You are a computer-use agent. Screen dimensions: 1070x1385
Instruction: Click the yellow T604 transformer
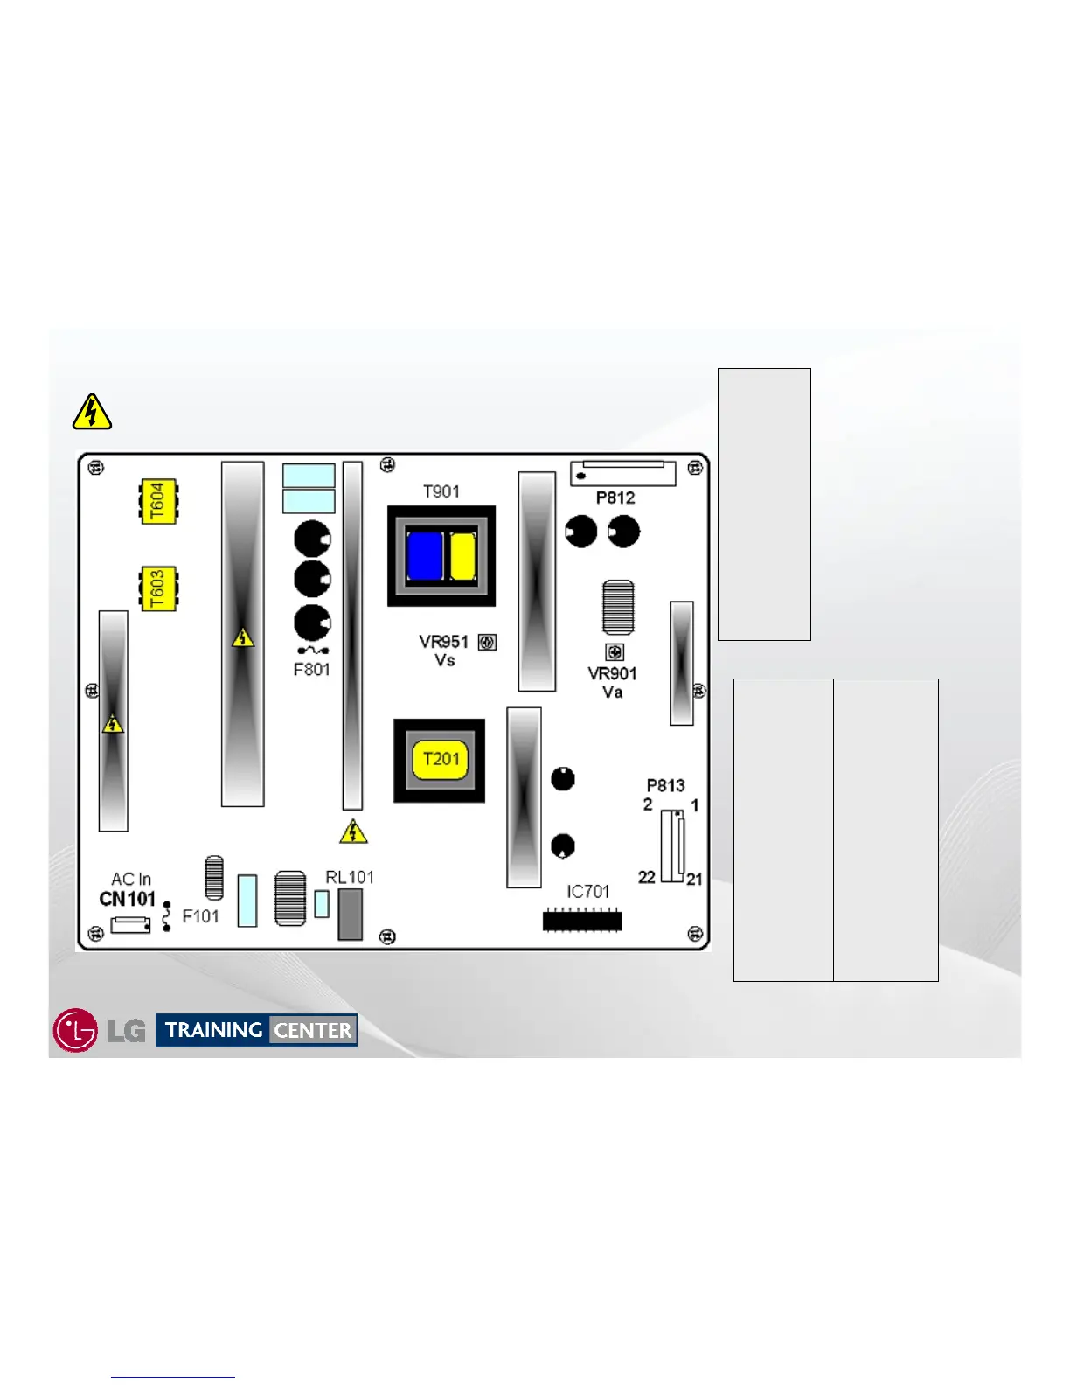tap(158, 501)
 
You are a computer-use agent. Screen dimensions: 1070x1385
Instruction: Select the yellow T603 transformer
tap(158, 588)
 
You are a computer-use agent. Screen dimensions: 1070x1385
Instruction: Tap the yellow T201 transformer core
tap(440, 760)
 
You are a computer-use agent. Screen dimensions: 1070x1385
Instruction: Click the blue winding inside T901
tap(425, 556)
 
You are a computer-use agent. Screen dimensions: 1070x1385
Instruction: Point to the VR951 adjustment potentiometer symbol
tap(488, 643)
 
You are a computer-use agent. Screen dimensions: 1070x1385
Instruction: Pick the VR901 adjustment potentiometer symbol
tap(615, 652)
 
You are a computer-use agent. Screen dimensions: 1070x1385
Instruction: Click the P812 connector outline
tap(623, 474)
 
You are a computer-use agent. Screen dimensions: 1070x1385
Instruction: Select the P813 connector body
tap(672, 846)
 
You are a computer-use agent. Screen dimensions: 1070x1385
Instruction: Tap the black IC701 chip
tap(582, 921)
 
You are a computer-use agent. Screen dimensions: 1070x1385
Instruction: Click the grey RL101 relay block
tap(351, 915)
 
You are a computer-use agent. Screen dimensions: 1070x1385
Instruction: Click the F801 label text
tap(311, 670)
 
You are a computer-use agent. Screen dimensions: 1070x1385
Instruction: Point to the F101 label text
tap(200, 916)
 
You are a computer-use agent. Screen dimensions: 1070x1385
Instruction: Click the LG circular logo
tap(75, 1030)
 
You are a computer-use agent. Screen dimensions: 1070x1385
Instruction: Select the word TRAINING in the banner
tap(214, 1030)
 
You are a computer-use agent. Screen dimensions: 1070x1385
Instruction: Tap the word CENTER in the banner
tap(312, 1031)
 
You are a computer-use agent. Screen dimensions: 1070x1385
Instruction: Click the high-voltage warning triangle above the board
tap(92, 413)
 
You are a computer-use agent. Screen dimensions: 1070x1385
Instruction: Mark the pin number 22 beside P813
tap(647, 877)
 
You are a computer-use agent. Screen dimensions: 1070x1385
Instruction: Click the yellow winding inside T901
tap(462, 556)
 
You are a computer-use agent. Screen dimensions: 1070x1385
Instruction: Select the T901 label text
tap(441, 491)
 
